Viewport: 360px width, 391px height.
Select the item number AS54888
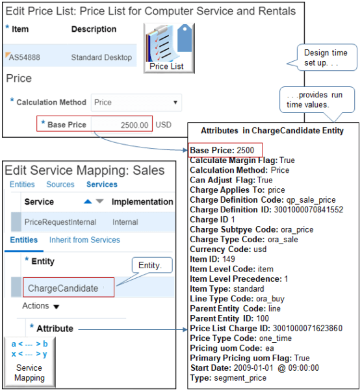(x=25, y=57)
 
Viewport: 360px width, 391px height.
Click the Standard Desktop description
(x=101, y=57)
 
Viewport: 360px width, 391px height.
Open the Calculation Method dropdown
(x=136, y=102)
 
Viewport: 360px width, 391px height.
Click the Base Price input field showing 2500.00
(x=122, y=125)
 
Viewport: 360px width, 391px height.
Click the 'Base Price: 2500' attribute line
(x=217, y=150)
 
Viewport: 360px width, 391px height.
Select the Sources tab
(x=60, y=184)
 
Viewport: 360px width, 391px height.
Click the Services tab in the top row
(x=101, y=184)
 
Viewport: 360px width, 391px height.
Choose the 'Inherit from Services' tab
(x=84, y=240)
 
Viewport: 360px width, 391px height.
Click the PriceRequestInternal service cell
(x=60, y=222)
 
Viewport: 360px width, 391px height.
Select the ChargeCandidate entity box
(x=63, y=288)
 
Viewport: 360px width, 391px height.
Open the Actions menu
(x=40, y=306)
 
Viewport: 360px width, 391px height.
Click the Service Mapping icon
(x=30, y=360)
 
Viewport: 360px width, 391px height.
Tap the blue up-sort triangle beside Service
(x=88, y=202)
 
